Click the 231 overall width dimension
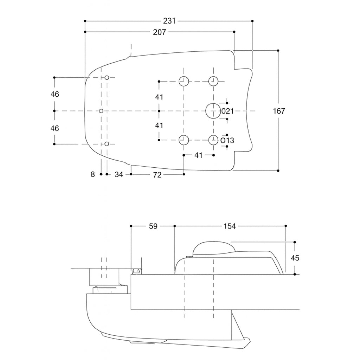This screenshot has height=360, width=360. [169, 21]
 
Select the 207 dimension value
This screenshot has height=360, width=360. [159, 32]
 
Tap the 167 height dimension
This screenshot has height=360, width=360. [279, 111]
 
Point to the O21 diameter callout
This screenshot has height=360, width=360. [227, 111]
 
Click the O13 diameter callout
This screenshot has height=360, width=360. [227, 141]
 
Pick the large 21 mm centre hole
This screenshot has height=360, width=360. [212, 111]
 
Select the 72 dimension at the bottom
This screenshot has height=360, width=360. [157, 174]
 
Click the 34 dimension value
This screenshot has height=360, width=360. [119, 174]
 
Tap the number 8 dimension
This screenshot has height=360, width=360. [93, 174]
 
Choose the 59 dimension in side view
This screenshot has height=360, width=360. [153, 226]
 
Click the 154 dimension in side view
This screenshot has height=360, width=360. [230, 226]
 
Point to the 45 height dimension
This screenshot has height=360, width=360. [295, 258]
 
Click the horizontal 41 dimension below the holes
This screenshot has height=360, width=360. [199, 155]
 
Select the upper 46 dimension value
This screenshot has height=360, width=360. [54, 94]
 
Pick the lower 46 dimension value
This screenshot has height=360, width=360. [54, 128]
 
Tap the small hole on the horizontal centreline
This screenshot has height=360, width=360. [101, 111]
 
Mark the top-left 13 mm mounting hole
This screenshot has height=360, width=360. [184, 81]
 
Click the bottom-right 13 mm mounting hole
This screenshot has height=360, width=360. [213, 140]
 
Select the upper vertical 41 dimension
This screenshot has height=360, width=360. [159, 97]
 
